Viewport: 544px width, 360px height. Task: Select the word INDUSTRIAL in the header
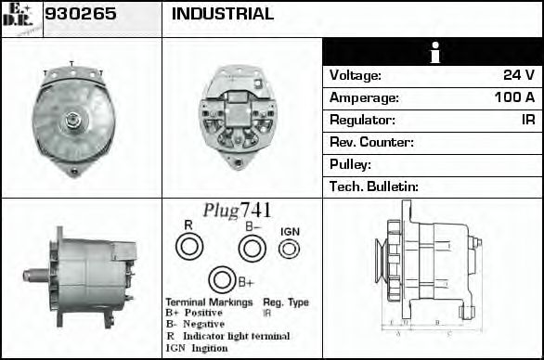point(223,15)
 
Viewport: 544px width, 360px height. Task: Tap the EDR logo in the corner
point(20,18)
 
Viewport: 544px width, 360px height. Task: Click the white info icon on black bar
point(433,53)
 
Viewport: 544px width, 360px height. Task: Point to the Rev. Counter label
point(371,143)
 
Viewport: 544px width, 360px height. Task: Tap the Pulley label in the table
point(350,165)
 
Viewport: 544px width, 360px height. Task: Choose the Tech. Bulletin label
point(374,187)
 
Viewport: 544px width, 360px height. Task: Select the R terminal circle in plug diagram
point(189,247)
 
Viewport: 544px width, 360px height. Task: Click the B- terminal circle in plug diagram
point(252,248)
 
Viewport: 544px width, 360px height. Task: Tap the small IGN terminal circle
point(290,249)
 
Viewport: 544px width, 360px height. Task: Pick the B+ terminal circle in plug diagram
point(221,280)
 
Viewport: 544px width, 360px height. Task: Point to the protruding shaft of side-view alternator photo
point(34,276)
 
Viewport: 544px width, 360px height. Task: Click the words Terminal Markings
point(209,302)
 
